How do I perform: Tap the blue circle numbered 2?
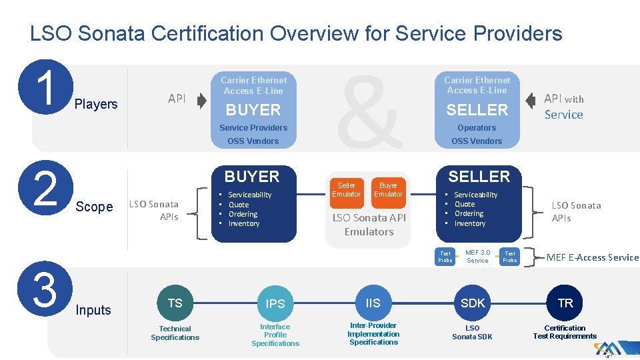[45, 189]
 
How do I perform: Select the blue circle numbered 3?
[45, 289]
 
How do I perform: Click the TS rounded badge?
[175, 303]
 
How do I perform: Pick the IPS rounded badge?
[275, 303]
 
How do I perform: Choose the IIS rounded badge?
[373, 303]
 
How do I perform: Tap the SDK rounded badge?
[473, 303]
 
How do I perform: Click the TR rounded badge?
[565, 303]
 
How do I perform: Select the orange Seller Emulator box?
[347, 189]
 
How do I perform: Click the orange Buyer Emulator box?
[388, 189]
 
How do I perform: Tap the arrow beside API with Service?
[531, 101]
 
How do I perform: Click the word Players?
[96, 104]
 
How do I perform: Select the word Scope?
[94, 207]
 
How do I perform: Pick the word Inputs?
[93, 310]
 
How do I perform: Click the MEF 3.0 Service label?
[477, 257]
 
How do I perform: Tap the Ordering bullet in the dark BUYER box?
[243, 214]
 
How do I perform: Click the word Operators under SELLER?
[477, 128]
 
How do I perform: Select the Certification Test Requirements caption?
[565, 332]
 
